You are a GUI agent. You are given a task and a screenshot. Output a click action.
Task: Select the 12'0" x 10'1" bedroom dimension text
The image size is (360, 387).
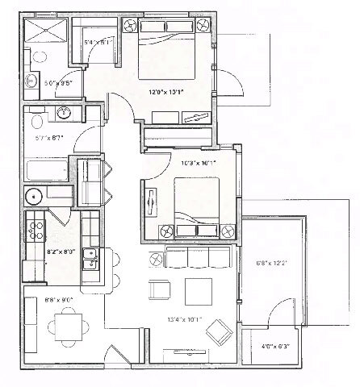166,92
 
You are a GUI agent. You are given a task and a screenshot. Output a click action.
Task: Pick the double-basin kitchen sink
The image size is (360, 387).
91,259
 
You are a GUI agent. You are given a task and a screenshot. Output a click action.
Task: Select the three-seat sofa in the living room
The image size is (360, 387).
199,257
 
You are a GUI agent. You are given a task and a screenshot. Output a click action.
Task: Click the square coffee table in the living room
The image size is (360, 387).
196,290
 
